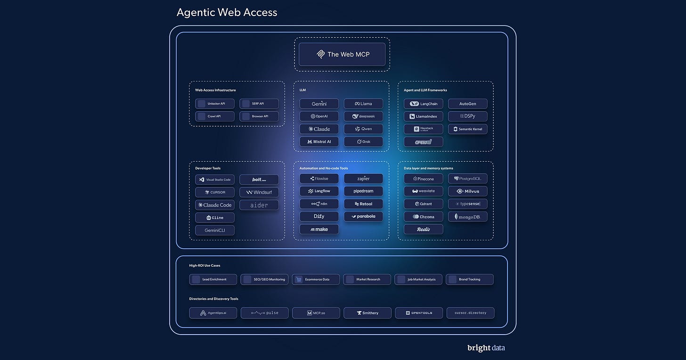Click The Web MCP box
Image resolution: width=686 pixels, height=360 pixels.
(342, 54)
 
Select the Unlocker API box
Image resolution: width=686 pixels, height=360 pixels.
(215, 104)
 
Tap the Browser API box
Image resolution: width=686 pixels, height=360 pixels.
(259, 116)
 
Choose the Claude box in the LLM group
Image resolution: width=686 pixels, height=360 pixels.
(319, 129)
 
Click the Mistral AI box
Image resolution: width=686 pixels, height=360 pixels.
(319, 141)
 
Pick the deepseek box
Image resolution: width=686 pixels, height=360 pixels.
(363, 116)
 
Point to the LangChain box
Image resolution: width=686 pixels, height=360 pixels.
(423, 104)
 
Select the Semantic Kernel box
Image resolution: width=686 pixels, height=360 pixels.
(467, 129)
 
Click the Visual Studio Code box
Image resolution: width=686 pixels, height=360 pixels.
(215, 180)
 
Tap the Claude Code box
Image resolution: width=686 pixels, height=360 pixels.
(215, 205)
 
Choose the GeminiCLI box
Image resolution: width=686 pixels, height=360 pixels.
(215, 230)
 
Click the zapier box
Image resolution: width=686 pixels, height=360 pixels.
(363, 179)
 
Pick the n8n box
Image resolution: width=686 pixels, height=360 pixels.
(319, 204)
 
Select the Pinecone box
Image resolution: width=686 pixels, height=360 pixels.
(423, 179)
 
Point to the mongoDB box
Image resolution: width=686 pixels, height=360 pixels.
(467, 217)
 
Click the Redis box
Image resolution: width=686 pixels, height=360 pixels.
(423, 229)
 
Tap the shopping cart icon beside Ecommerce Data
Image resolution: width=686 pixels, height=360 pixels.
(298, 279)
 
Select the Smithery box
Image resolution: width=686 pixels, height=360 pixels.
(367, 313)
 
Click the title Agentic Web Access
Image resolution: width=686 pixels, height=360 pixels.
(227, 12)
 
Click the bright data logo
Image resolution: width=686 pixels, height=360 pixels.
(486, 348)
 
